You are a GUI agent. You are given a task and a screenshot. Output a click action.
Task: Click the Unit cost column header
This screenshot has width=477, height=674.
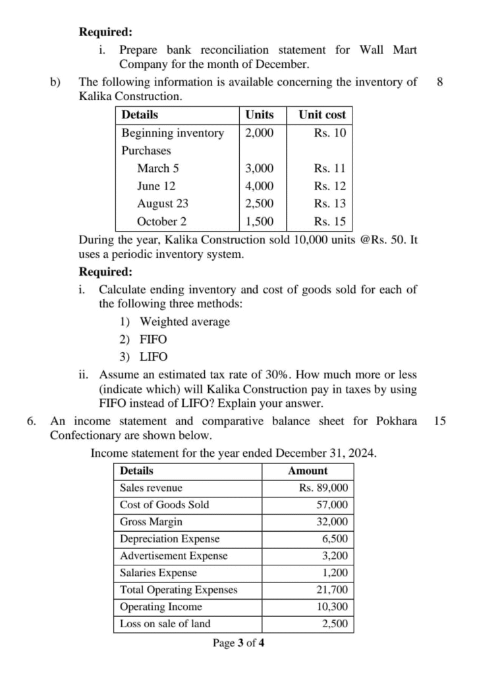(322, 115)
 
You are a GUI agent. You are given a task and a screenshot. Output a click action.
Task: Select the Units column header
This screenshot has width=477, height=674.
(260, 115)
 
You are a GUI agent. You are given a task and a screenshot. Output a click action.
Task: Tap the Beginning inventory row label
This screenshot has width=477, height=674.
(173, 133)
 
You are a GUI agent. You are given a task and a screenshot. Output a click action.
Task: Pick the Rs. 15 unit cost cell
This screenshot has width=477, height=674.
(329, 222)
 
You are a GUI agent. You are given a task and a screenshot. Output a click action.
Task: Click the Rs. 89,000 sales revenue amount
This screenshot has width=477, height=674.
(323, 488)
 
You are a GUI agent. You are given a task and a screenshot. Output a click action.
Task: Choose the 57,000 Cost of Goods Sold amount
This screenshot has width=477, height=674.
(332, 505)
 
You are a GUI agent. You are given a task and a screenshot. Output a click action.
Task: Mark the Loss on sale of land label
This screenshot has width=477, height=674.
(160, 624)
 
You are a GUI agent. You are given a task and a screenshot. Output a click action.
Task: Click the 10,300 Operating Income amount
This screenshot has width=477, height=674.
(332, 607)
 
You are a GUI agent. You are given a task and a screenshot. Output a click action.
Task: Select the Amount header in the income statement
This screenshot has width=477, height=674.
(308, 471)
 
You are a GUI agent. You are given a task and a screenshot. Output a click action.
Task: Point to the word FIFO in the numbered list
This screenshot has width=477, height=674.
(154, 340)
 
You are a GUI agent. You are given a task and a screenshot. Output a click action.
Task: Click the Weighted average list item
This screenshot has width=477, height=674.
(185, 322)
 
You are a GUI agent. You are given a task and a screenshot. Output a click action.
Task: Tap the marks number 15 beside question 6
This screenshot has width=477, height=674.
(440, 421)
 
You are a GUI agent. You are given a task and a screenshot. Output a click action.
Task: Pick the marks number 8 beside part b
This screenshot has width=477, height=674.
(440, 82)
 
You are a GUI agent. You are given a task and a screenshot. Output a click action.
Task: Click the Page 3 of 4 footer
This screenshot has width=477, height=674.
(238, 643)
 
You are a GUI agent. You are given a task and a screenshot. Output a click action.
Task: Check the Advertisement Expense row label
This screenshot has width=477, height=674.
(173, 556)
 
